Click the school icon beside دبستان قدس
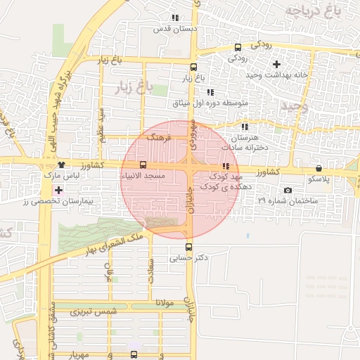point(175,18)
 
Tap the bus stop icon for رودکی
point(238,48)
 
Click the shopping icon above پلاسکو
point(319,168)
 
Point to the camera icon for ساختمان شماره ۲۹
point(288,191)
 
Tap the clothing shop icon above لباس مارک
point(63,165)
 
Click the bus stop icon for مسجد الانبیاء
point(143,165)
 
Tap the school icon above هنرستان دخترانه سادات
point(245,127)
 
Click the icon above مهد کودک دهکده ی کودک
point(225,166)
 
